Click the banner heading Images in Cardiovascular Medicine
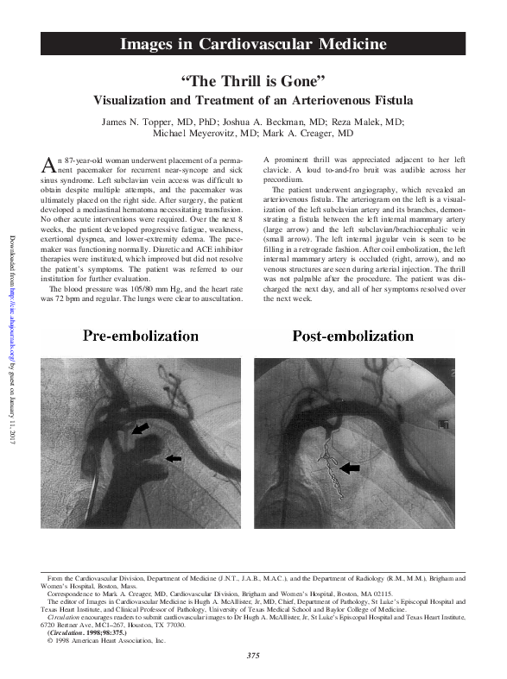(252, 44)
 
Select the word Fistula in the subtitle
(392, 100)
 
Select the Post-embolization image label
(352, 336)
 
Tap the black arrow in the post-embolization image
(349, 467)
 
